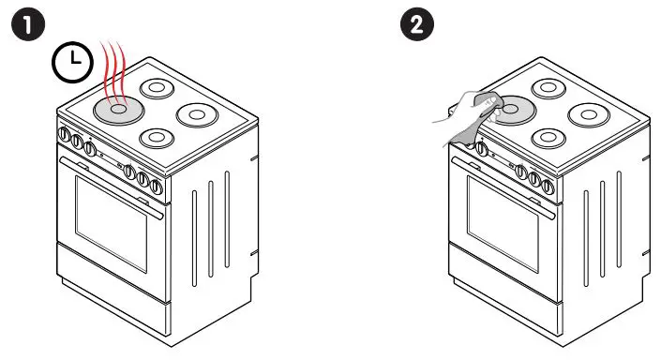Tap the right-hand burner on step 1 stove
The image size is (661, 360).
coord(197,116)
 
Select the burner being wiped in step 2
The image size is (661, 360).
coord(511,110)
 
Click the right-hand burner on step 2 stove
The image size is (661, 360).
coord(591,116)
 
